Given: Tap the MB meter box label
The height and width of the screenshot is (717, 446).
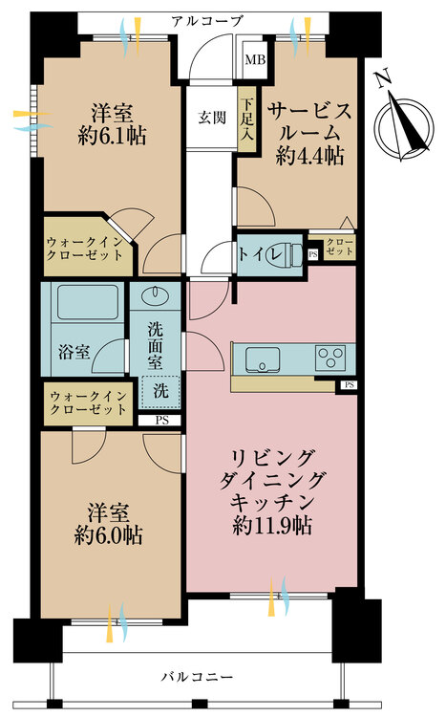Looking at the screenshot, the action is point(255,60).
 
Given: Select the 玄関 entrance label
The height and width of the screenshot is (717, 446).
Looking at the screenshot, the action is point(212,118).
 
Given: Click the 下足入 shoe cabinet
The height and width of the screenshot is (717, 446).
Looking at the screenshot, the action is point(247,119).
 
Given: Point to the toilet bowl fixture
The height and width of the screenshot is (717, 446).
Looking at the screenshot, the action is point(295,253).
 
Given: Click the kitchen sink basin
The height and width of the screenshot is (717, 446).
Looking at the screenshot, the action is point(263,359).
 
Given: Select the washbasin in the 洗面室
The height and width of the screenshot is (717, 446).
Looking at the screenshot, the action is point(156,295).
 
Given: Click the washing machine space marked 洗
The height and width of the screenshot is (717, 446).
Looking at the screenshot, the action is point(160,390).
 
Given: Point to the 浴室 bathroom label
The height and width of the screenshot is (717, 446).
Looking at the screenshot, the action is point(74,352).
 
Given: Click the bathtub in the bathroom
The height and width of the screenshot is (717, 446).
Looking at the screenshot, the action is point(87,302).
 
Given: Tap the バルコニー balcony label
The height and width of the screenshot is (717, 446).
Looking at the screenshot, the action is point(197,676).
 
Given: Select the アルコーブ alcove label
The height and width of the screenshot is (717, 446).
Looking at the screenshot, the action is point(206,21).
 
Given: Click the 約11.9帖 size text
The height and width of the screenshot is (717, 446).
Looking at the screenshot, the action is point(272,526).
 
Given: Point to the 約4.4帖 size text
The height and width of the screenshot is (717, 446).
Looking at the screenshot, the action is point(309,157).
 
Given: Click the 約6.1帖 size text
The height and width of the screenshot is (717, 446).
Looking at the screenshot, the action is point(112,136).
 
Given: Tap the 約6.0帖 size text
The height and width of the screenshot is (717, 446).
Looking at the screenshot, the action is point(108,535).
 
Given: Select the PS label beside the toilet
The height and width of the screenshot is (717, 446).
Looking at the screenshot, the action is point(312,254).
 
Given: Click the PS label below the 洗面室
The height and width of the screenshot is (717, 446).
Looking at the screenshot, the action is point(161,421).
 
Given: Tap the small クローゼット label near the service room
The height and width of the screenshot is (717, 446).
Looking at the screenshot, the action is point(340,247).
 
